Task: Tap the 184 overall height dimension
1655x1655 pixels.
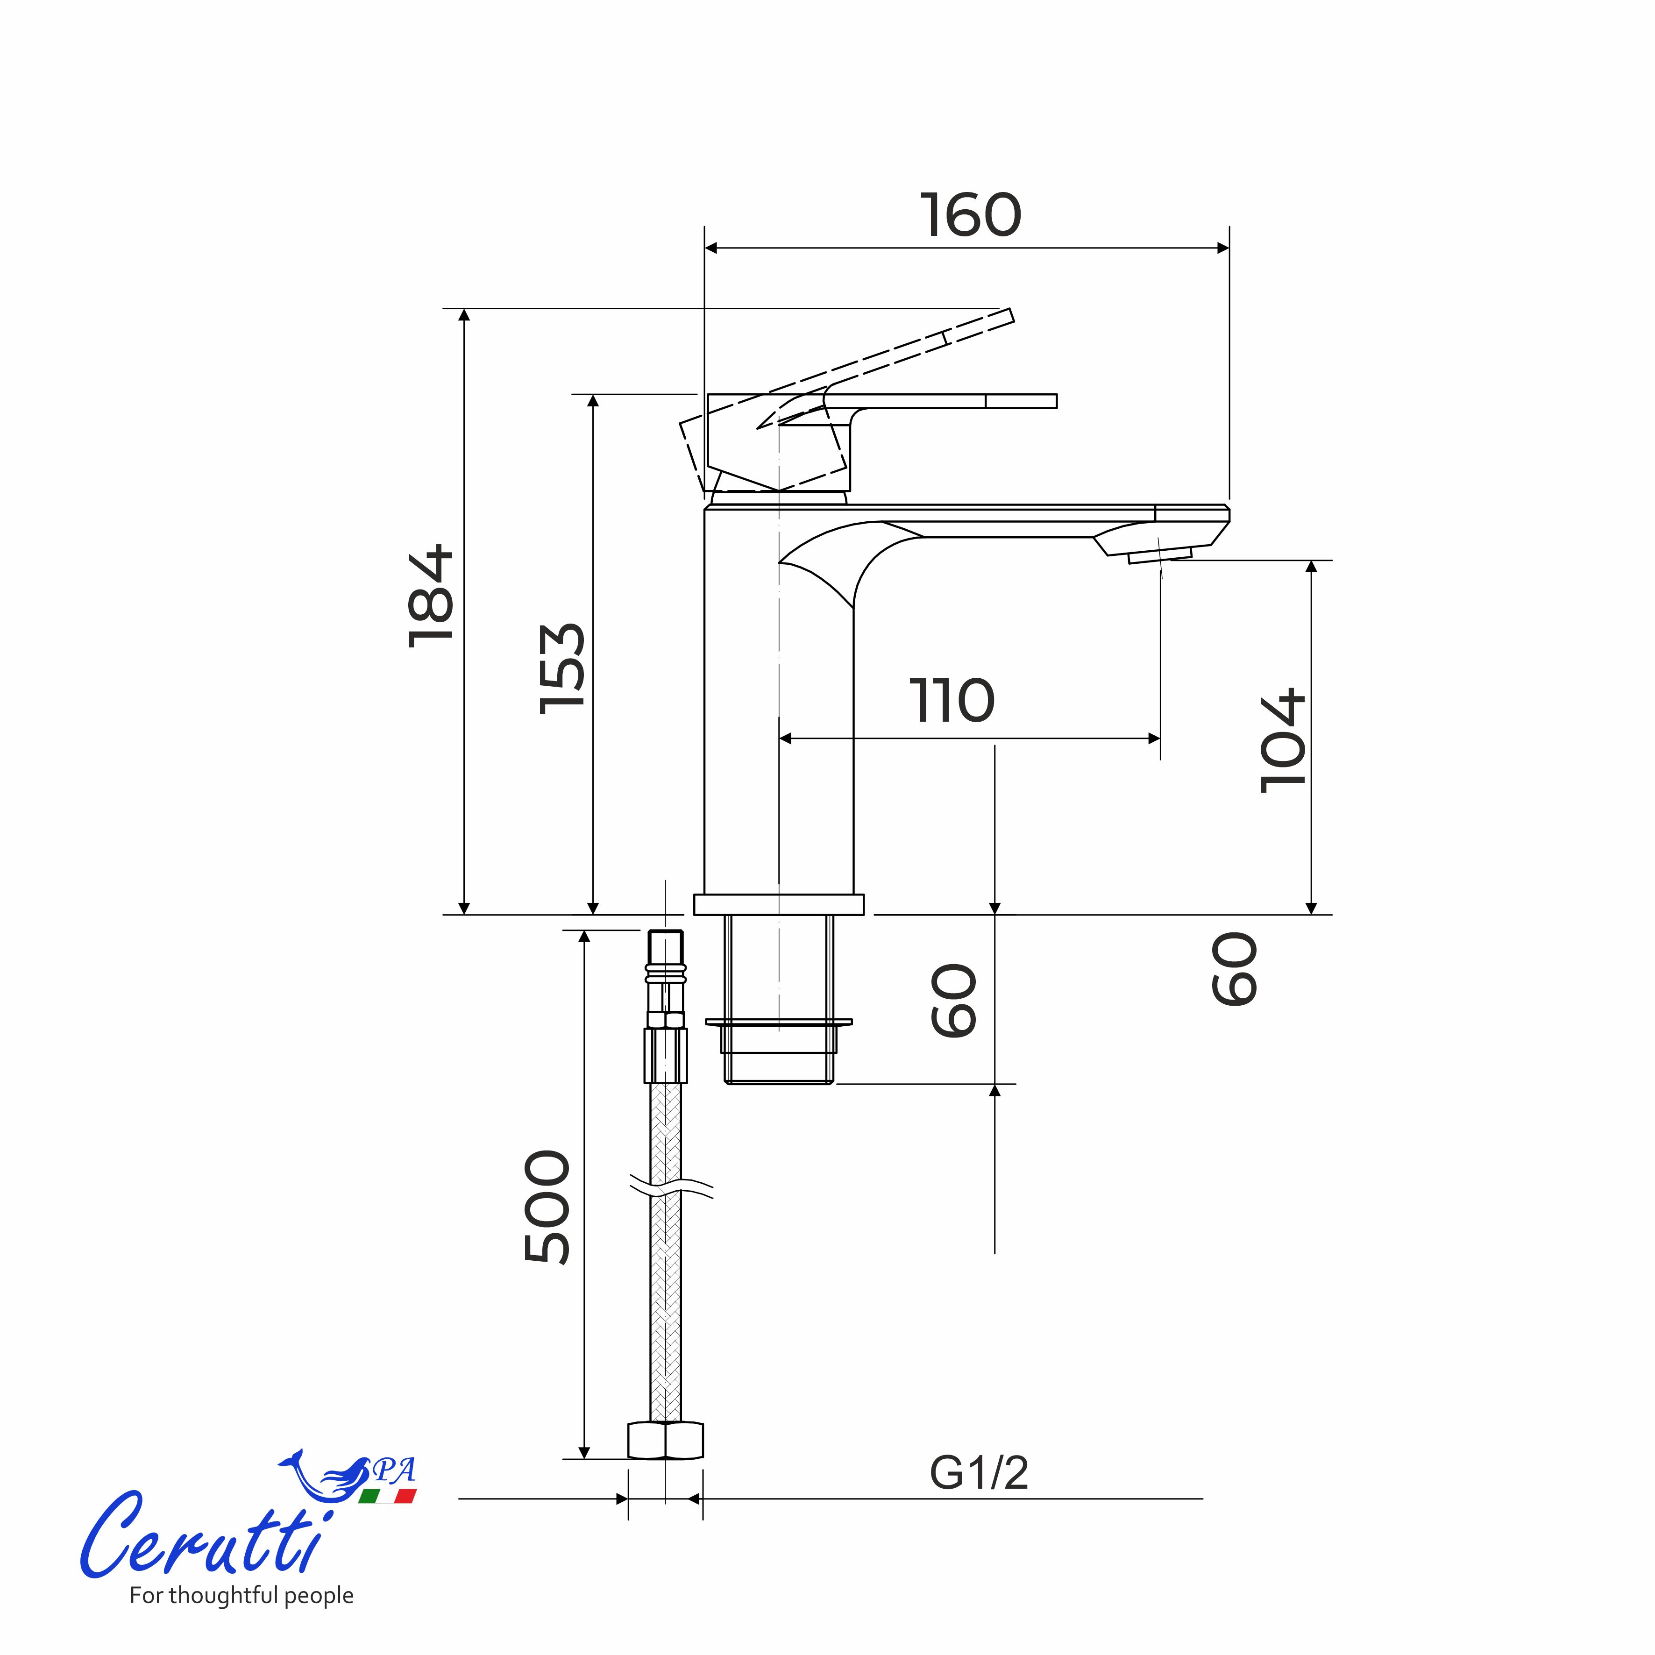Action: click(x=431, y=596)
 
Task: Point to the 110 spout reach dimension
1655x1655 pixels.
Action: click(x=952, y=701)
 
